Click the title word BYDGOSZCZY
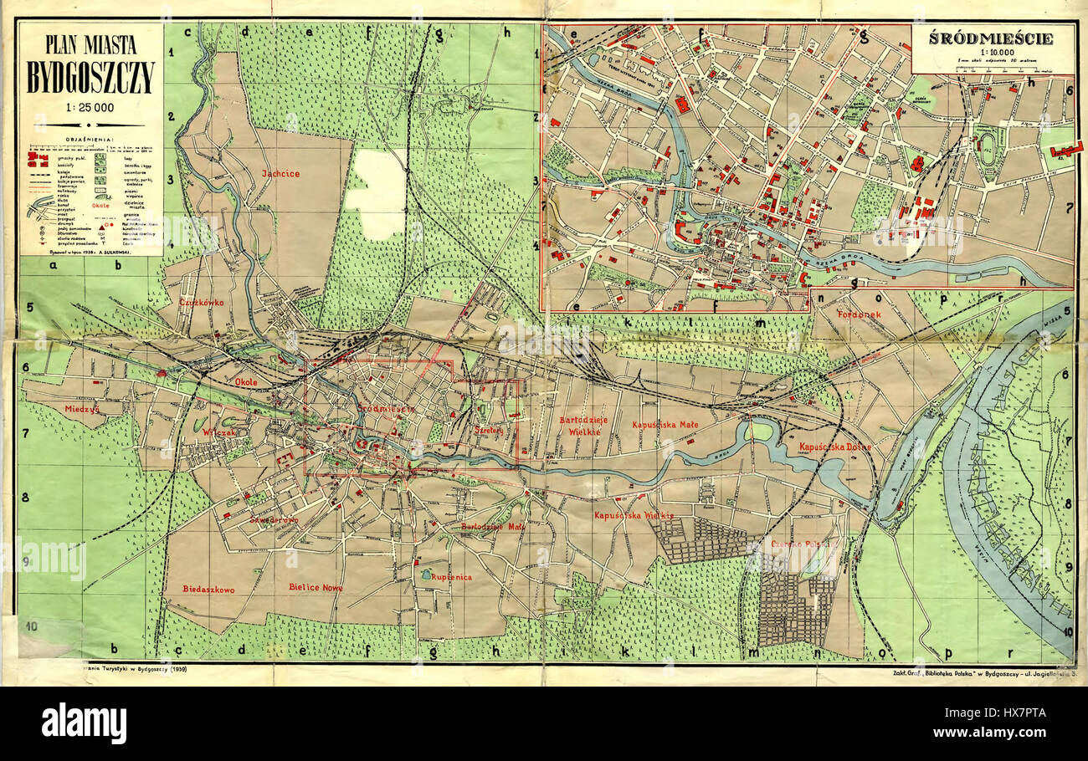click(90, 78)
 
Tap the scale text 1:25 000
click(90, 108)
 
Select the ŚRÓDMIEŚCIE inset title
click(993, 38)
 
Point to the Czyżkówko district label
click(201, 302)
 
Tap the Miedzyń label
click(82, 409)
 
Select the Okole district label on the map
click(246, 382)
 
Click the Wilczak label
click(219, 432)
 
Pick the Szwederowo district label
click(274, 519)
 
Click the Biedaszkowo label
click(208, 589)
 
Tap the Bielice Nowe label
click(316, 588)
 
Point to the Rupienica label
click(452, 577)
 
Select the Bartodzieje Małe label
click(493, 527)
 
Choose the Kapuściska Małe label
click(665, 425)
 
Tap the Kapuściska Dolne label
click(834, 447)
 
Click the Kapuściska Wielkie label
click(629, 515)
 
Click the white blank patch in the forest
click(376, 194)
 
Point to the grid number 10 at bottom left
click(31, 626)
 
